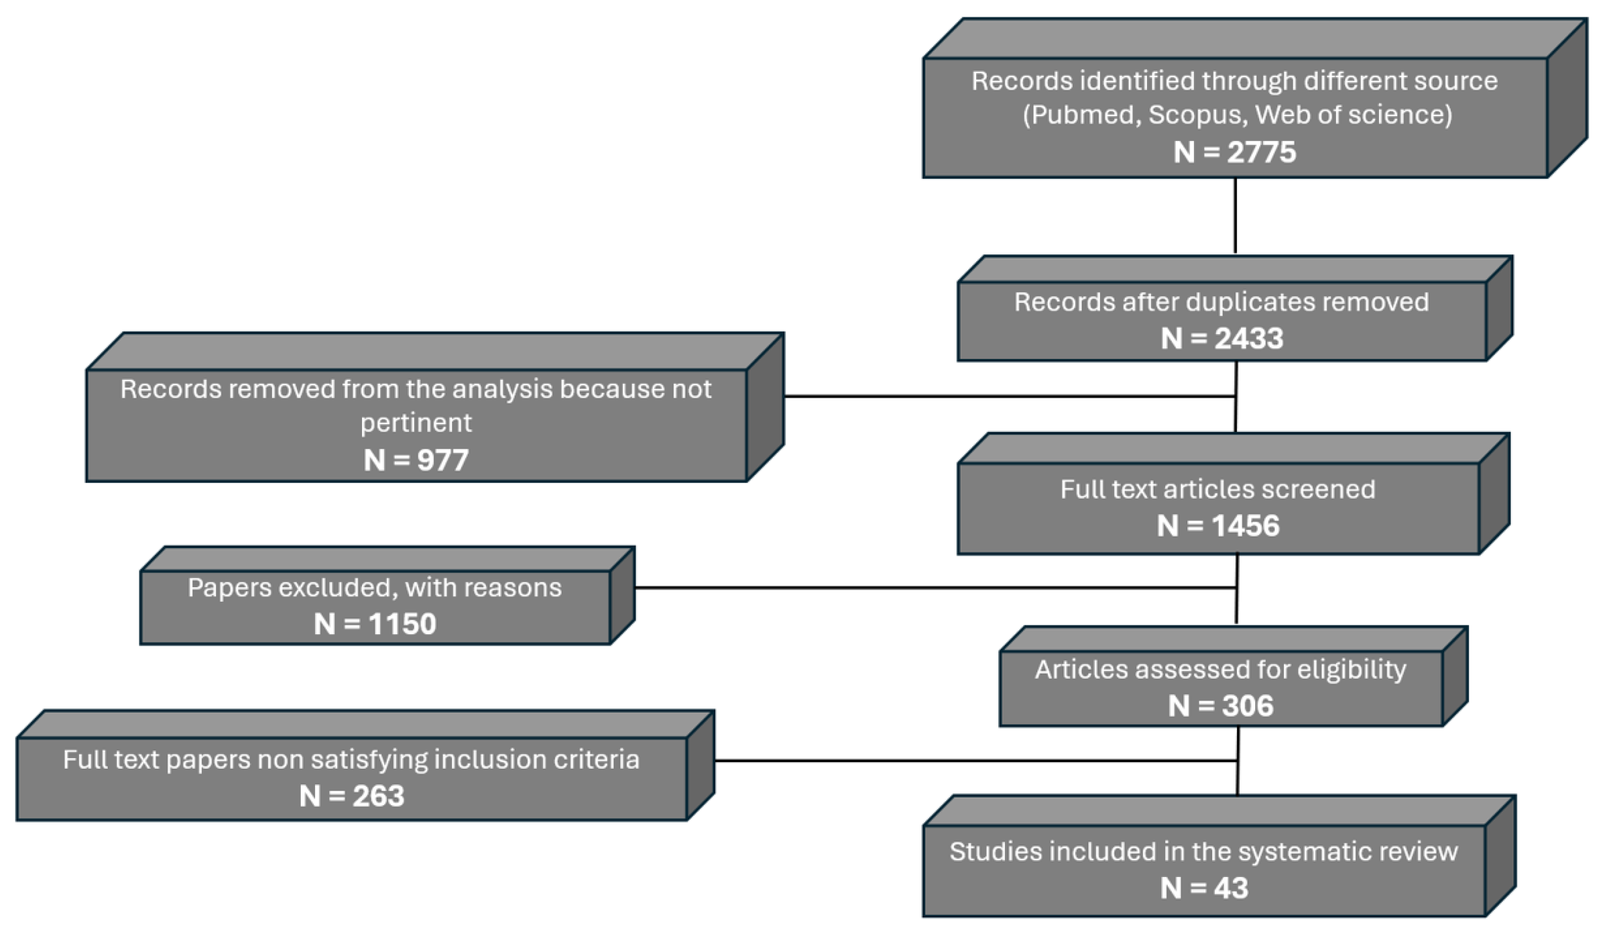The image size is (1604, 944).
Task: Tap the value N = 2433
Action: click(x=1222, y=338)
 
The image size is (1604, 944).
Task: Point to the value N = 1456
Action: click(x=1218, y=525)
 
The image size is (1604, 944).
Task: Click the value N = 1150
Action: click(x=375, y=624)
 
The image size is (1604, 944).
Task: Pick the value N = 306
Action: click(x=1221, y=706)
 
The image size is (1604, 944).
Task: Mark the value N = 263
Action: click(x=352, y=796)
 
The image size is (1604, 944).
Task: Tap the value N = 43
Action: click(x=1204, y=888)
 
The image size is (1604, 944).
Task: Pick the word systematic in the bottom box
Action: click(x=1303, y=852)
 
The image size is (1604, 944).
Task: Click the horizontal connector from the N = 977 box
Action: click(x=1006, y=396)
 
